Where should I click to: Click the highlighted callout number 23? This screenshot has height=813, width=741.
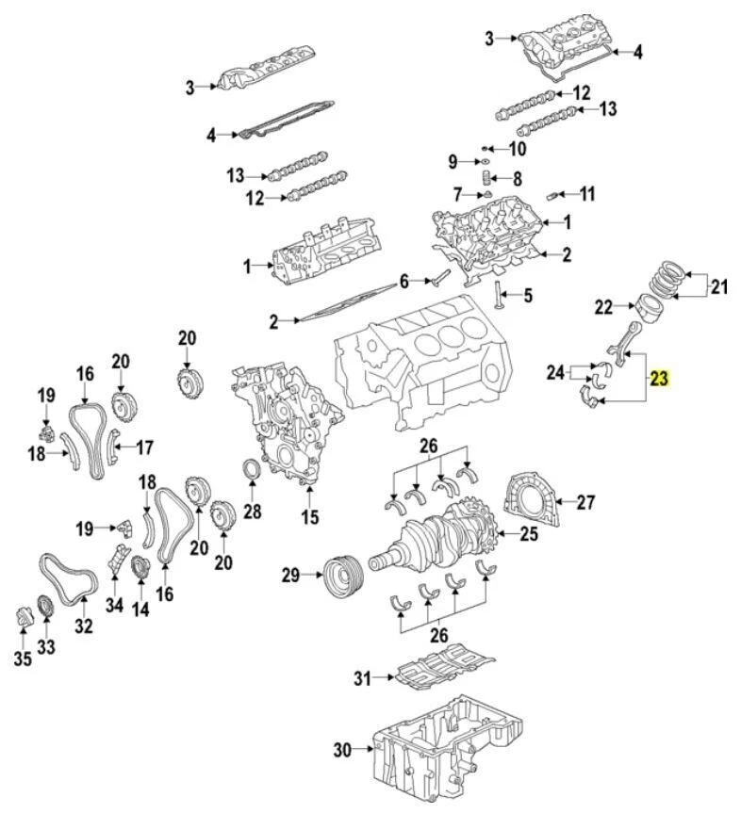[658, 380]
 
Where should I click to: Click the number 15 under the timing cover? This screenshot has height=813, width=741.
[310, 516]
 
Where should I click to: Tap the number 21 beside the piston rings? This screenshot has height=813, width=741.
[719, 286]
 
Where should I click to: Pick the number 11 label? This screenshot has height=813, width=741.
[587, 195]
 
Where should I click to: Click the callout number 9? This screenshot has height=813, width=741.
[452, 159]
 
